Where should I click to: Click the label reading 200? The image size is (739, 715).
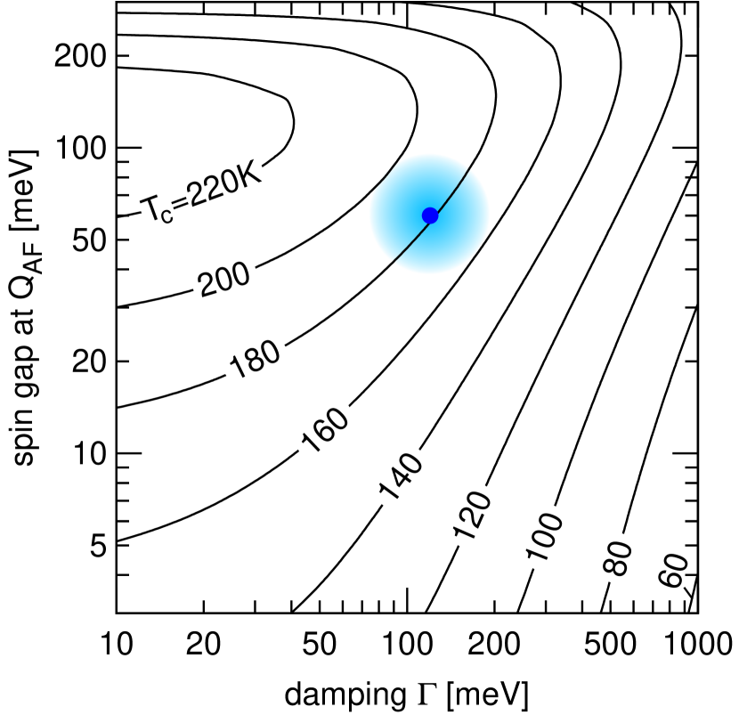click(223, 276)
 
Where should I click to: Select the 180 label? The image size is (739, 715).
click(255, 355)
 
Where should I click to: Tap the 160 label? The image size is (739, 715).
click(325, 428)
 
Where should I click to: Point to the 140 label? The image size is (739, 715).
click(397, 474)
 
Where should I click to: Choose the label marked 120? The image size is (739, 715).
click(470, 514)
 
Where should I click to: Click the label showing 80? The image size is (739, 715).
click(617, 557)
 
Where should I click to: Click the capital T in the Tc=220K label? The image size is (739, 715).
click(149, 211)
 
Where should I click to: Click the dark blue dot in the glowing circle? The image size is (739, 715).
click(430, 215)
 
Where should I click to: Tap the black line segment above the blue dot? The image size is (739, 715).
click(451, 191)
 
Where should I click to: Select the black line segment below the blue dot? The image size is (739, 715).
click(410, 240)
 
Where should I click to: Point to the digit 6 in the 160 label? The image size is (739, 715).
click(325, 428)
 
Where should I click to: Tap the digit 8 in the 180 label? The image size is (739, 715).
click(256, 355)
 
